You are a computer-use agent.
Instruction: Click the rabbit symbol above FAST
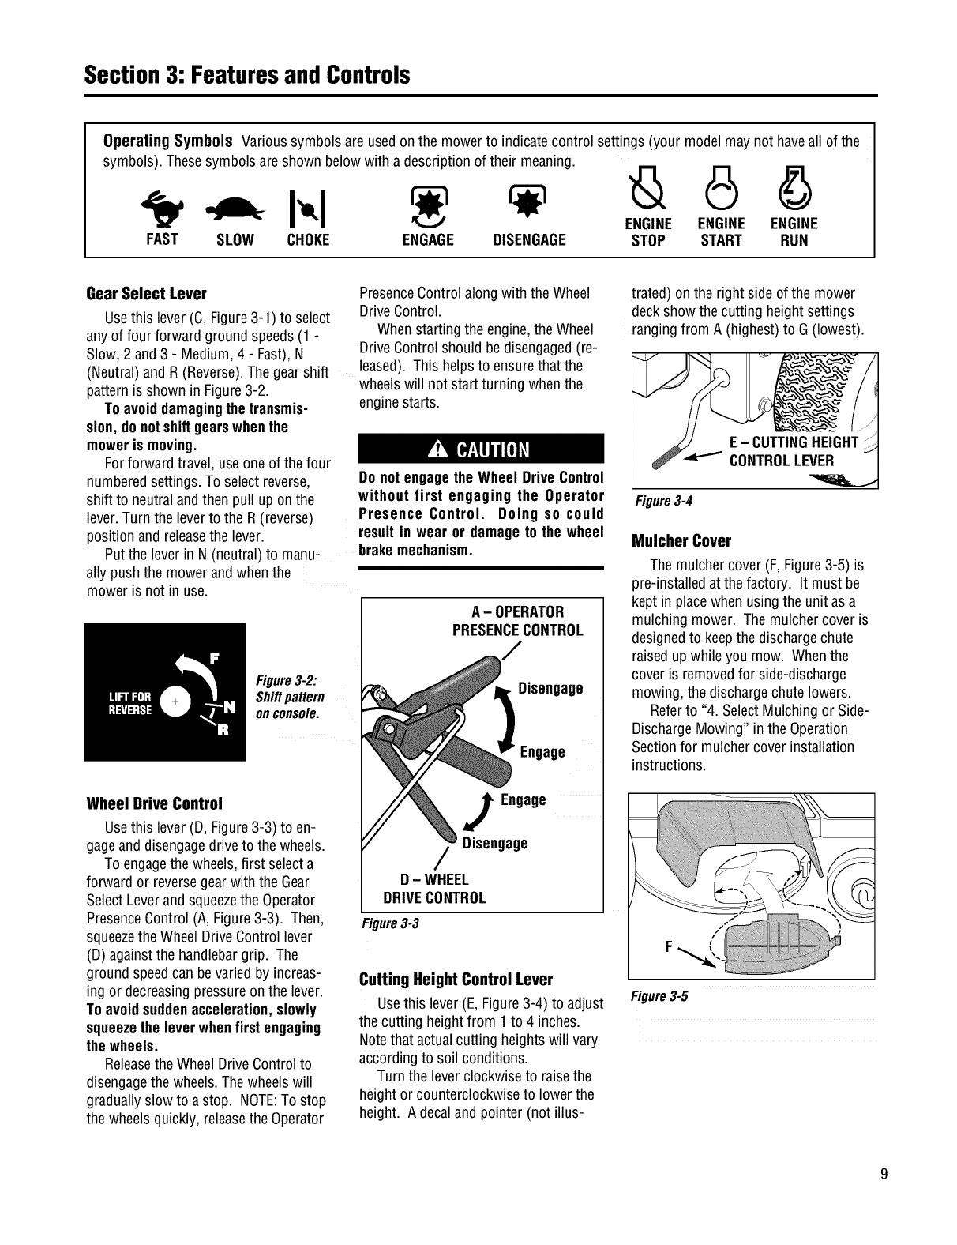(161, 208)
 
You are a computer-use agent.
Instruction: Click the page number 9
(885, 1174)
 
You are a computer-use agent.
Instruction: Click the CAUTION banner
(481, 449)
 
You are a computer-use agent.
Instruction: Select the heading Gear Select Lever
(146, 294)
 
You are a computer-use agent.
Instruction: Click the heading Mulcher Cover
(682, 542)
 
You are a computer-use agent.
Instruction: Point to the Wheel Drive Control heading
(155, 803)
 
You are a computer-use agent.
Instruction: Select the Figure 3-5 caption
(658, 996)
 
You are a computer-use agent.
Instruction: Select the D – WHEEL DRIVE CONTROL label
(433, 889)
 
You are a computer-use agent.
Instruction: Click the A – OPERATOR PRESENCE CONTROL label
(517, 621)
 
